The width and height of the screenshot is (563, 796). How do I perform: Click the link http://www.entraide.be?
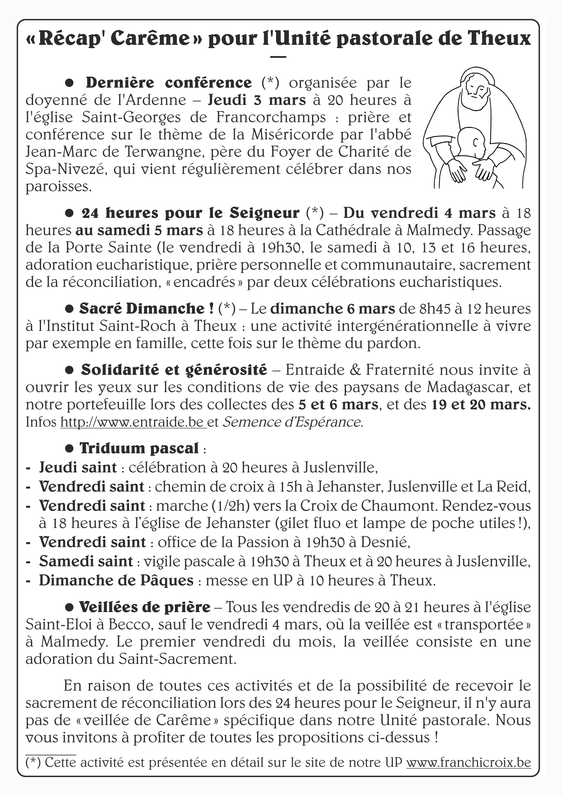pyautogui.click(x=133, y=422)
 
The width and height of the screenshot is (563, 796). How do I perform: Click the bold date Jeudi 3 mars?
pyautogui.click(x=256, y=100)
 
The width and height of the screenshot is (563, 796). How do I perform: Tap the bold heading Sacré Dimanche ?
pyautogui.click(x=146, y=309)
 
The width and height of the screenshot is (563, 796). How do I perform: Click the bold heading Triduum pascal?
pyautogui.click(x=139, y=448)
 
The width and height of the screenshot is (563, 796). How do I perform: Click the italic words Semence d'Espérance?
pyautogui.click(x=293, y=422)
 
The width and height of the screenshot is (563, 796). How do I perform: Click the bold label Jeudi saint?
pyautogui.click(x=78, y=468)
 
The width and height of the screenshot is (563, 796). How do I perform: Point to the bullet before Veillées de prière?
pyautogui.click(x=69, y=607)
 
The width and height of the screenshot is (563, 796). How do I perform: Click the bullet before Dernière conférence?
pyautogui.click(x=70, y=82)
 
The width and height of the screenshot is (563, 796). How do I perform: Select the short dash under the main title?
pyautogui.click(x=278, y=57)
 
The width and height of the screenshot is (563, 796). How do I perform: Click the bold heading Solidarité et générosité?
pyautogui.click(x=174, y=370)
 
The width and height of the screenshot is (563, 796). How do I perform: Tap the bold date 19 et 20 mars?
pyautogui.click(x=481, y=405)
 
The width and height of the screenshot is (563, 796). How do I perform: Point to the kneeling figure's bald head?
pyautogui.click(x=470, y=137)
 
